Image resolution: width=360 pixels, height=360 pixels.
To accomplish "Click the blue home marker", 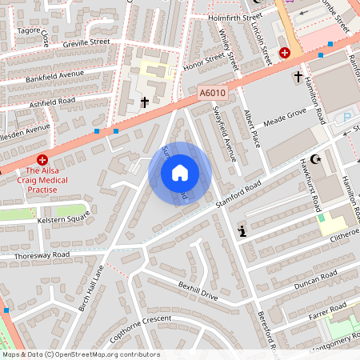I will tap(180, 173).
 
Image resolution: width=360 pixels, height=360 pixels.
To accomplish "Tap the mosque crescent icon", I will tap(314, 160).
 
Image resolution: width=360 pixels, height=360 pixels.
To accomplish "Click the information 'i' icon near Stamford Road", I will tap(242, 232).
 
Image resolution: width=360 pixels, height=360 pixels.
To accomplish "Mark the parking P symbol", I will tap(346, 118).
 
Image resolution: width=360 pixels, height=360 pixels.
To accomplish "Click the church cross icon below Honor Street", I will tap(145, 102).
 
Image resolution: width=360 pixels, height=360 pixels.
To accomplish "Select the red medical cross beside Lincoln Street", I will tap(284, 52).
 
